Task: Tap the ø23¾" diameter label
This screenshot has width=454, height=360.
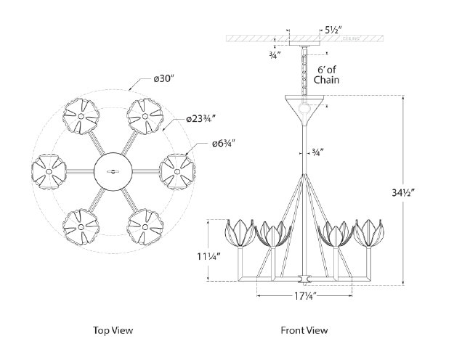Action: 201,118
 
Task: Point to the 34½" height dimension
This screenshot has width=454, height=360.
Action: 421,192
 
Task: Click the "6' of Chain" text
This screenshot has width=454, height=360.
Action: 331,76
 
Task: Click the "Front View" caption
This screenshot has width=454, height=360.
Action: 305,330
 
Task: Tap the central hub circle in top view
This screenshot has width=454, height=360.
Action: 112,171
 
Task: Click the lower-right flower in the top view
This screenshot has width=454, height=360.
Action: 144,226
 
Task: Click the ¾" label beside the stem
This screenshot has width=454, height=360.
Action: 317,152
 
